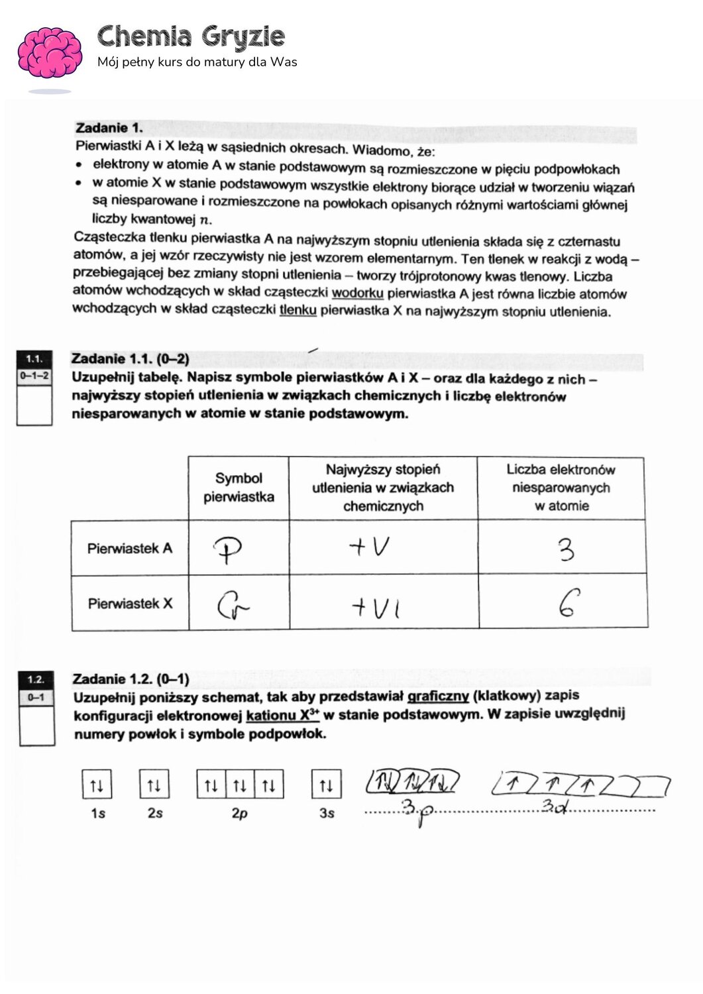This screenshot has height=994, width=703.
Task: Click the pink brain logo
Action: (50, 53)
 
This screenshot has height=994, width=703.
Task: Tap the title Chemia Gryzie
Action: (191, 37)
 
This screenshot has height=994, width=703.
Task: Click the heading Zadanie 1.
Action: (109, 128)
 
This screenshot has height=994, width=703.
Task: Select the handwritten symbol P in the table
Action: (227, 549)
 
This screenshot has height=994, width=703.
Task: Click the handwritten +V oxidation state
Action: (369, 547)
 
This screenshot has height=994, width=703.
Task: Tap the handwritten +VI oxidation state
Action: (376, 606)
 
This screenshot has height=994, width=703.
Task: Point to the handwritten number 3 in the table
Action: (565, 549)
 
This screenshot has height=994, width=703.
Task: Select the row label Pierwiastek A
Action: (130, 549)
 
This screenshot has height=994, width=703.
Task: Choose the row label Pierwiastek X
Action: (130, 604)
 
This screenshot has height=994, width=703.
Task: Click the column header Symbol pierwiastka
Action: (239, 488)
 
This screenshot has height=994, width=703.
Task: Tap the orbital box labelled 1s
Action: (97, 785)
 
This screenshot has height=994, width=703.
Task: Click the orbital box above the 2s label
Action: (154, 785)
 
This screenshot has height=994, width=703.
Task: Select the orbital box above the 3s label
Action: (326, 785)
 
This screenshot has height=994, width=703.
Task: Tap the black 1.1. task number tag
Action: (34, 359)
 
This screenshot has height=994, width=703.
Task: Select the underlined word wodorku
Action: (357, 293)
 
